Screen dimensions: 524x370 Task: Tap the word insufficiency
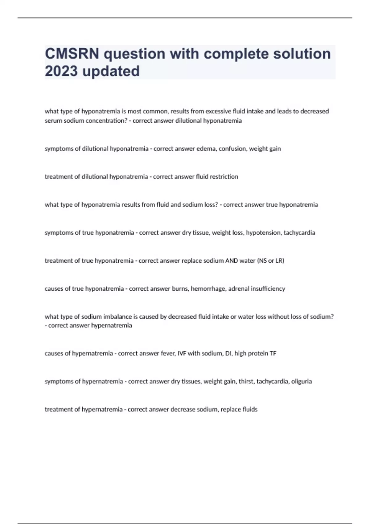(x=268, y=289)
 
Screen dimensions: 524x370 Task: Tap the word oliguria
(x=302, y=382)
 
